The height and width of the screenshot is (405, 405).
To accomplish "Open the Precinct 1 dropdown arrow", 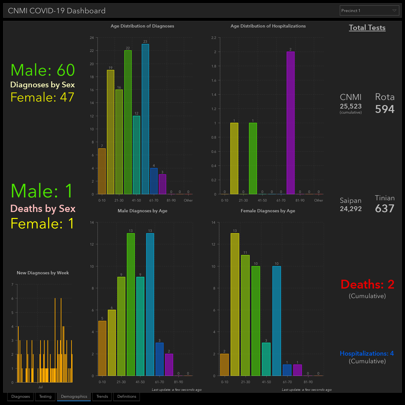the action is coord(394,10).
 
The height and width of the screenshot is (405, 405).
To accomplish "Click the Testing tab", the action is coord(45,396).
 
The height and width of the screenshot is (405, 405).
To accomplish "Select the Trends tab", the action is coord(102,396).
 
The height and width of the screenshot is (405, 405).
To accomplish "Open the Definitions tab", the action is coord(127,396).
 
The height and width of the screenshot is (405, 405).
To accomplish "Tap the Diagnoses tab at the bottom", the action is coord(20,396).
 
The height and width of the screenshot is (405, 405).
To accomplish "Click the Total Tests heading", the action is coord(367,28).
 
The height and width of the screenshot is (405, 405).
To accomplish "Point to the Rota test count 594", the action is coord(385,109).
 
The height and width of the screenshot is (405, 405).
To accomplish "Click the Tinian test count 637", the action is coord(385,208).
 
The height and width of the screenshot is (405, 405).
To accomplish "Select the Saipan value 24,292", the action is coord(351,209).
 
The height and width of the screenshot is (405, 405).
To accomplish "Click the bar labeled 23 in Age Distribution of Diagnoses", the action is coord(145,119).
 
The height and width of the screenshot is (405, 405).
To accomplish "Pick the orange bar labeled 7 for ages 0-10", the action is coord(102,171).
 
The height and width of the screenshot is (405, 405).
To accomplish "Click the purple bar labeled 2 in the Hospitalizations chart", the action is coord(290,123).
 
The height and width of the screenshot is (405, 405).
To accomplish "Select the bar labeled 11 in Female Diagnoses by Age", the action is coord(245,315).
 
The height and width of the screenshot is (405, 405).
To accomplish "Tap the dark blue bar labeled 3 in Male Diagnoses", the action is coord(159,359).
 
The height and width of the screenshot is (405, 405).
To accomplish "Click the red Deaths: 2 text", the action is coord(367,284).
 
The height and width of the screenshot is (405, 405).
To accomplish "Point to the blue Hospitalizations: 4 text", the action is coord(367,353).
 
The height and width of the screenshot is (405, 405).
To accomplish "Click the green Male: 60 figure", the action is coord(43,70).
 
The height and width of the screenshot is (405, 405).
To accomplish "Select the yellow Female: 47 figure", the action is coord(42,97).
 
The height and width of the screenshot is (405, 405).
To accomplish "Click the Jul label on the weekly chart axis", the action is coord(40,387).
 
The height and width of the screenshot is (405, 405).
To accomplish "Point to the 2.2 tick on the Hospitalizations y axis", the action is coord(214,38).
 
